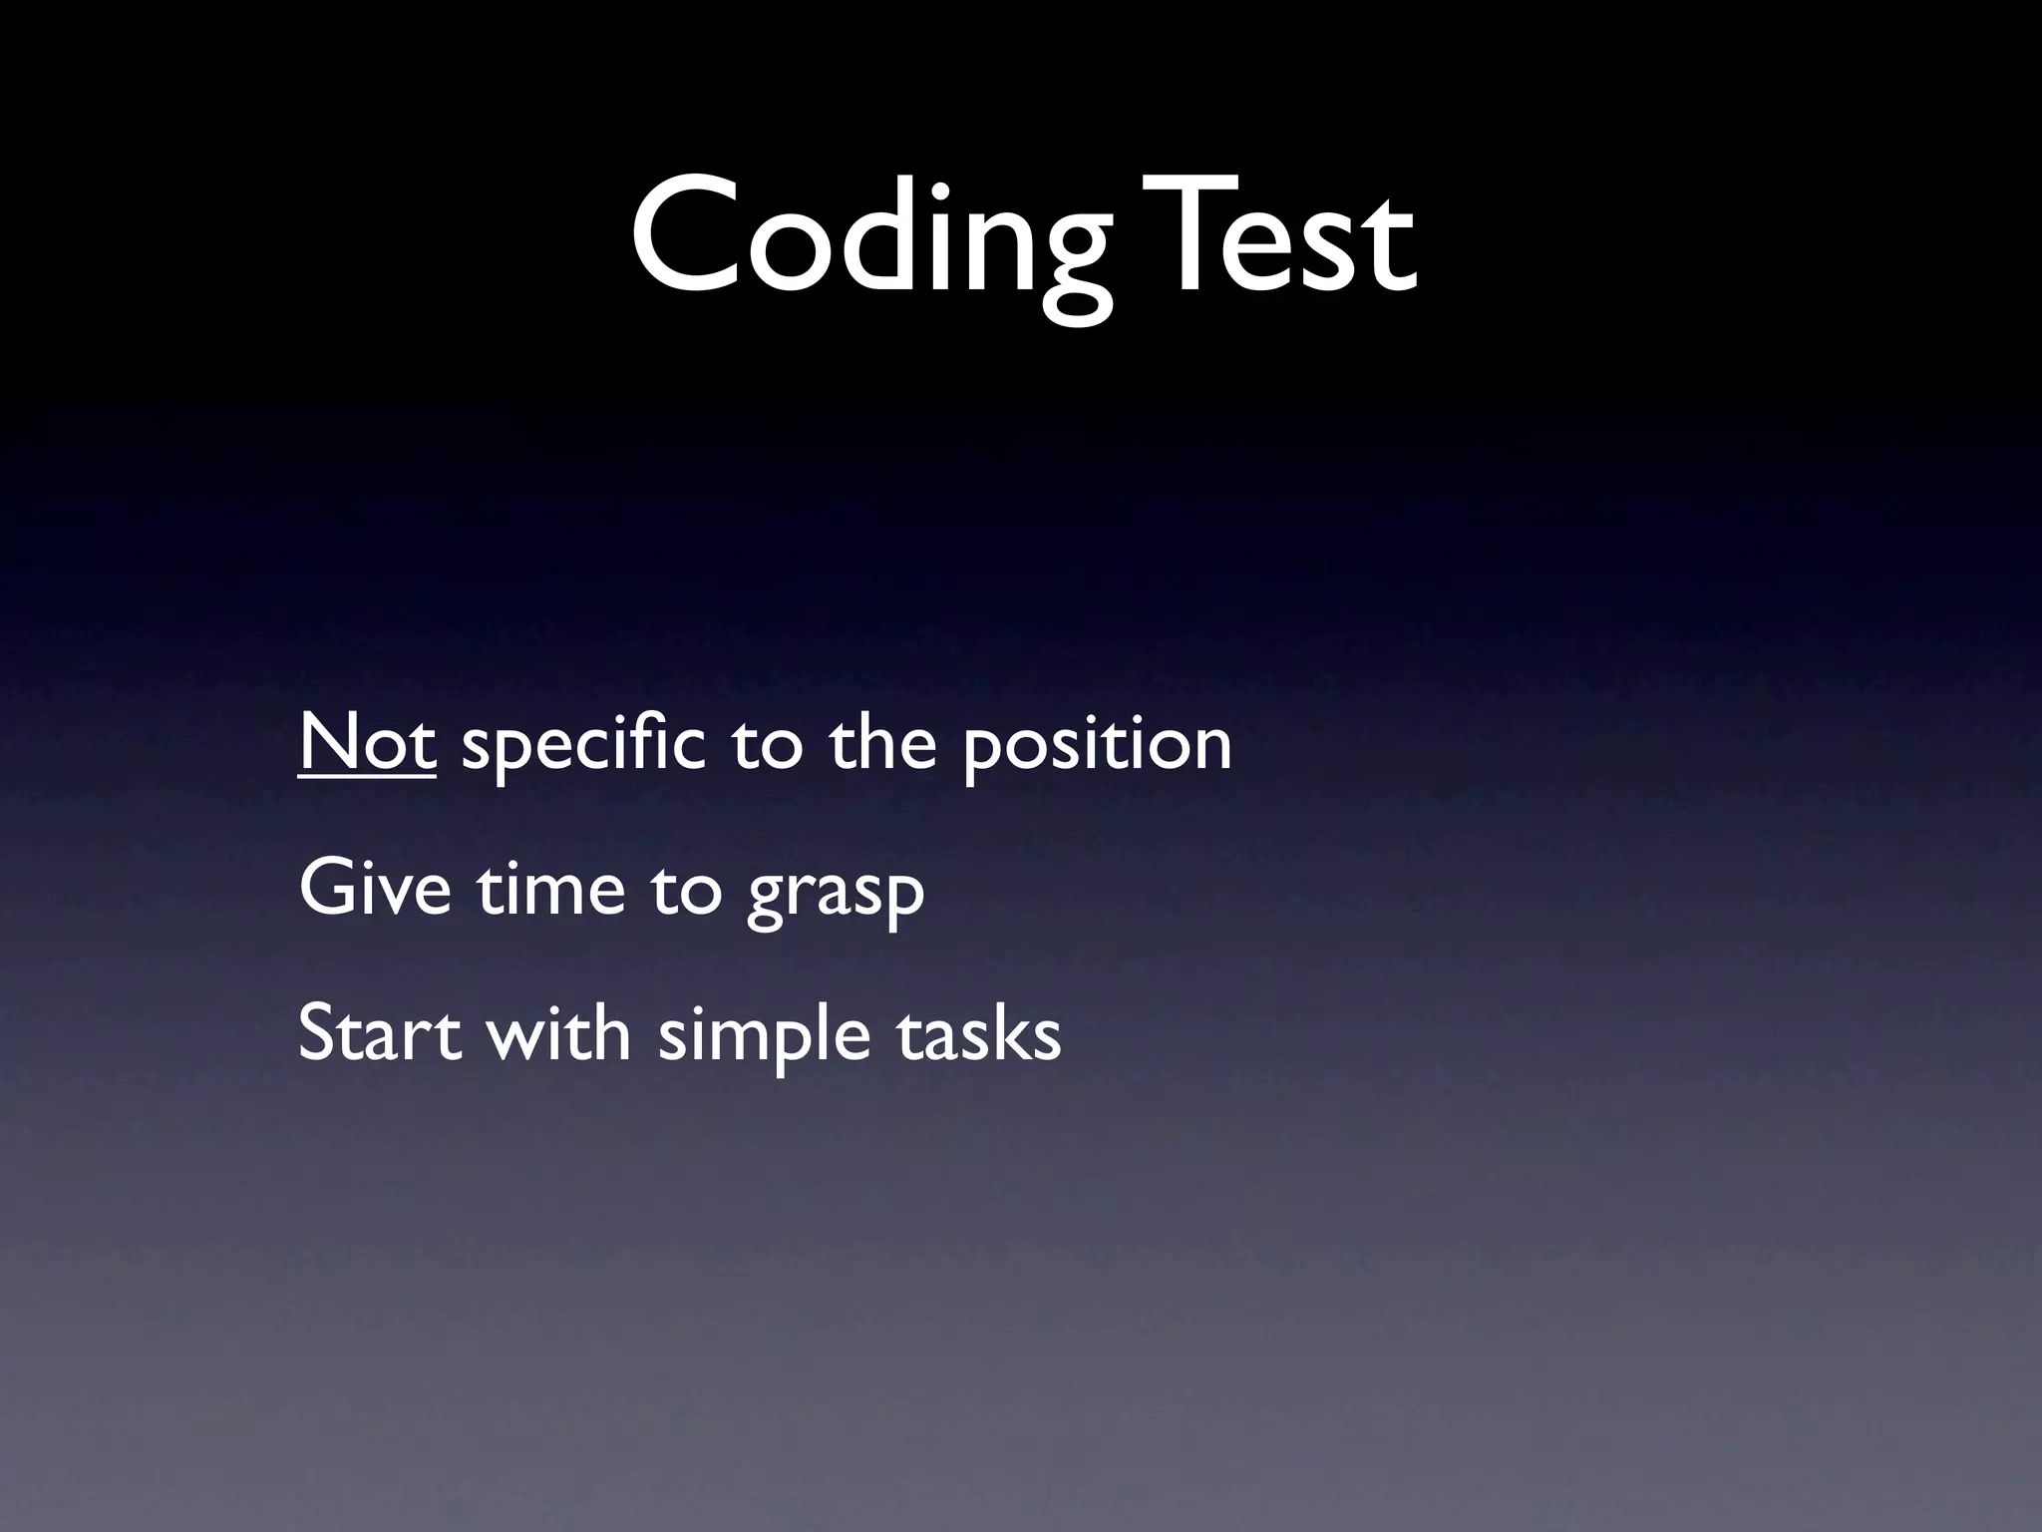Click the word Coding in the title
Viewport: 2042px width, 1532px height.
(x=867, y=239)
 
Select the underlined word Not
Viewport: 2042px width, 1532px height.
(x=367, y=743)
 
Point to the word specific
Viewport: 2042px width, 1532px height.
(x=583, y=746)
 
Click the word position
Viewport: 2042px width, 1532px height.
(x=1097, y=746)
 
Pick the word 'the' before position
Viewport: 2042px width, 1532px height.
(x=882, y=743)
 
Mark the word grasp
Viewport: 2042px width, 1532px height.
(x=836, y=896)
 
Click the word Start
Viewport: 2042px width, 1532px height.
(x=380, y=1033)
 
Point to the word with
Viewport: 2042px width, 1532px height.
(x=558, y=1033)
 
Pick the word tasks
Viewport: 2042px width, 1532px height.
(x=978, y=1035)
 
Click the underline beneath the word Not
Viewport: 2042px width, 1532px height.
(x=367, y=774)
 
